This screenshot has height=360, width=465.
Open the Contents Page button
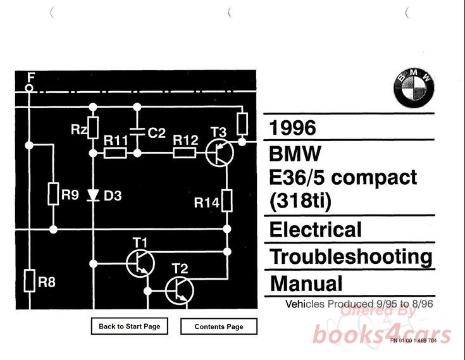(x=219, y=326)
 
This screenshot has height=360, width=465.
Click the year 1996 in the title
(x=292, y=128)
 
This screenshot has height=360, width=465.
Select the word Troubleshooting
(x=351, y=256)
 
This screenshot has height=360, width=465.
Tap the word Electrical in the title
(x=316, y=229)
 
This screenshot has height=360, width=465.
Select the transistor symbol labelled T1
(x=139, y=263)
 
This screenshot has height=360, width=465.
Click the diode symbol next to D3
(x=93, y=196)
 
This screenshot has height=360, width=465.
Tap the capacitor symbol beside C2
(x=136, y=133)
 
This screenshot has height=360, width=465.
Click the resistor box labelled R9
(x=54, y=195)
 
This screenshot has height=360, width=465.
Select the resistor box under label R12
(x=185, y=152)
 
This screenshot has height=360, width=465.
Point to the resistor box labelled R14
(x=227, y=202)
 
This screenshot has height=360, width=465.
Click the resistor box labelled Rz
(x=93, y=128)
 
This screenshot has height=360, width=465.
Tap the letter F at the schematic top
(x=29, y=77)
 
